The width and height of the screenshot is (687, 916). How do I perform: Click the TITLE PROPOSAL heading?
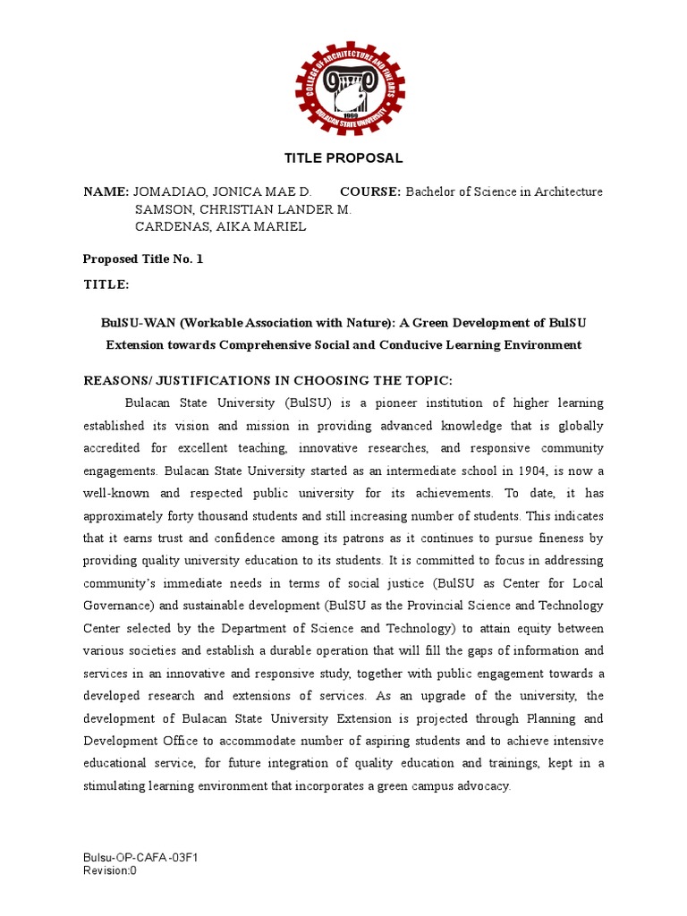pyautogui.click(x=343, y=158)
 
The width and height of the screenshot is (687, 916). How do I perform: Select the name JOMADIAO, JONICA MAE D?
pyautogui.click(x=223, y=191)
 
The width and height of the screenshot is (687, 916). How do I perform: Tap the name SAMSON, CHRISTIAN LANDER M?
pyautogui.click(x=242, y=209)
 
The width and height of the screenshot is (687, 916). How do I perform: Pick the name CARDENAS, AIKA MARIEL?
pyautogui.click(x=220, y=226)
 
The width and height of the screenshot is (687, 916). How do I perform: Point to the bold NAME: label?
pyautogui.click(x=106, y=191)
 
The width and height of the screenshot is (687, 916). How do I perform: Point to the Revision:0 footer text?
pyautogui.click(x=110, y=871)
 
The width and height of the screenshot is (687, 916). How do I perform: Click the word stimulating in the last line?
pyautogui.click(x=115, y=786)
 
